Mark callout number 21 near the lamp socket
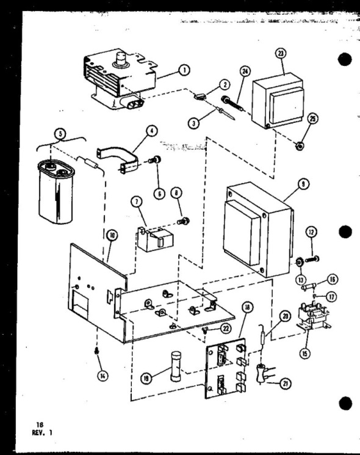[285, 383]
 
